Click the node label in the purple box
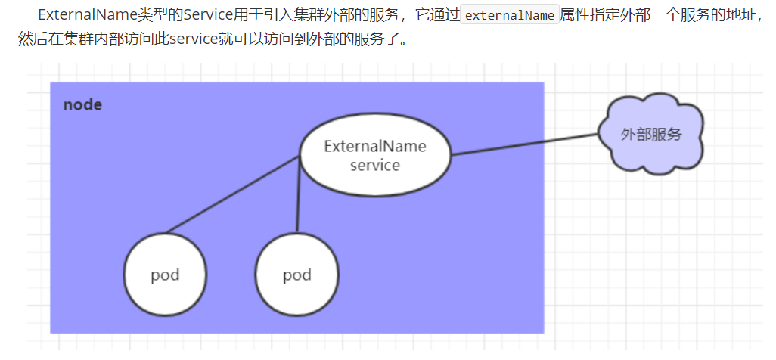pos(82,105)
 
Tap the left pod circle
pos(164,274)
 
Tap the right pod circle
pos(296,274)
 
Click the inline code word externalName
pos(509,15)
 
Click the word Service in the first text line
pos(198,14)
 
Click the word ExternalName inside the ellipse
pos(374,146)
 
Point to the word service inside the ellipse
pos(374,165)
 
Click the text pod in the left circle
pos(164,274)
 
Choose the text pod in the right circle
pos(296,274)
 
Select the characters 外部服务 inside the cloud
pos(650,135)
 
